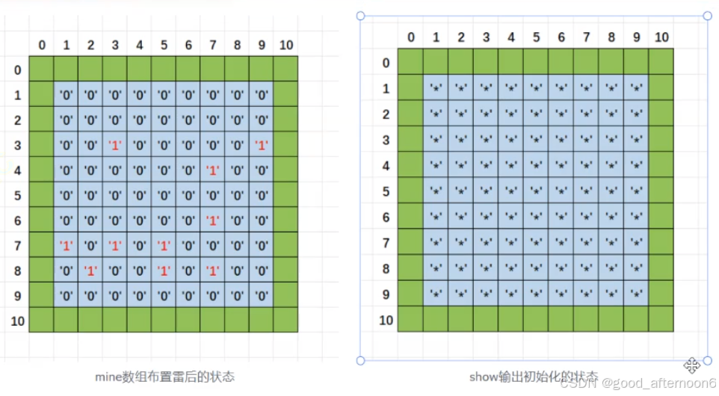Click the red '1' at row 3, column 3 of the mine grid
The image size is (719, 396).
(115, 145)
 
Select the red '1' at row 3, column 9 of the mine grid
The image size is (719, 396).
(262, 145)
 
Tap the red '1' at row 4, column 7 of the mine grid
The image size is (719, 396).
(213, 170)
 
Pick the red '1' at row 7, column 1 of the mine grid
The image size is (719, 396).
(67, 245)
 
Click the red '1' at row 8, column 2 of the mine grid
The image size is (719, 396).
(90, 270)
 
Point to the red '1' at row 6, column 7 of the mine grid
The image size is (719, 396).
(213, 220)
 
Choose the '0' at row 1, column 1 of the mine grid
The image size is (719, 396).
(67, 96)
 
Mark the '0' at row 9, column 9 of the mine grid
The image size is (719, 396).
(262, 295)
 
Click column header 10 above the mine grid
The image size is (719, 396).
(286, 46)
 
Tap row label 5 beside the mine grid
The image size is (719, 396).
(17, 195)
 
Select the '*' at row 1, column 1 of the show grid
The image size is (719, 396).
(436, 89)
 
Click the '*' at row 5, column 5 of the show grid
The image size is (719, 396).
(536, 192)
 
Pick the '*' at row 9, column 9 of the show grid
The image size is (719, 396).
(636, 294)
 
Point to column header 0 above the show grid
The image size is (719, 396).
(410, 37)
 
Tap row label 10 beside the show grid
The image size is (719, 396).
(386, 320)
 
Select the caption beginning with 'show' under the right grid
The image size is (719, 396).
(534, 377)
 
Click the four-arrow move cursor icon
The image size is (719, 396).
(691, 365)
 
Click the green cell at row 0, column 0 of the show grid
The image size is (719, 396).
(410, 62)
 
